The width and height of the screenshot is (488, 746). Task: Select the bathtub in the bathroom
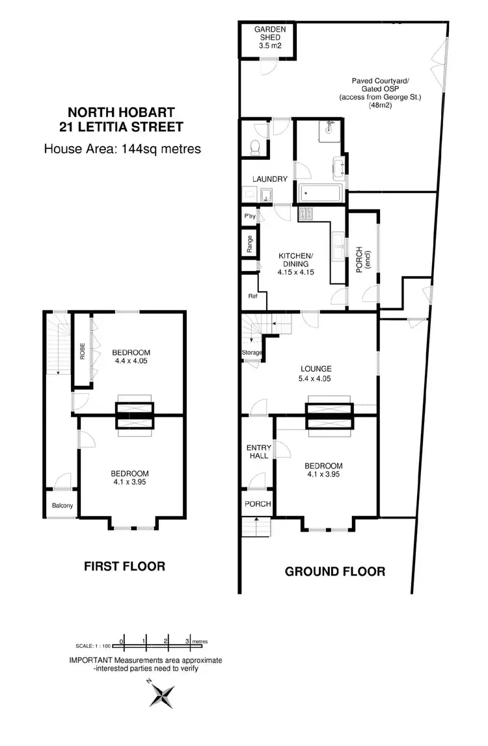(321, 193)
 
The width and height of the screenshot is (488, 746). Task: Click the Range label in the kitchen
(249, 244)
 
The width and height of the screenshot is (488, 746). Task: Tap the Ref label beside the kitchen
(252, 296)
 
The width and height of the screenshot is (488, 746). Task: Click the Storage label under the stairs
(252, 353)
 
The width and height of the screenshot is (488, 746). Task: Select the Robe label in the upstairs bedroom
(82, 352)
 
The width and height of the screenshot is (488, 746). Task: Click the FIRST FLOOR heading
(125, 566)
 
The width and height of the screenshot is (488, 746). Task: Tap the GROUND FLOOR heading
(335, 572)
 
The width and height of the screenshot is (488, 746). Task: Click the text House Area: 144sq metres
(122, 149)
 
